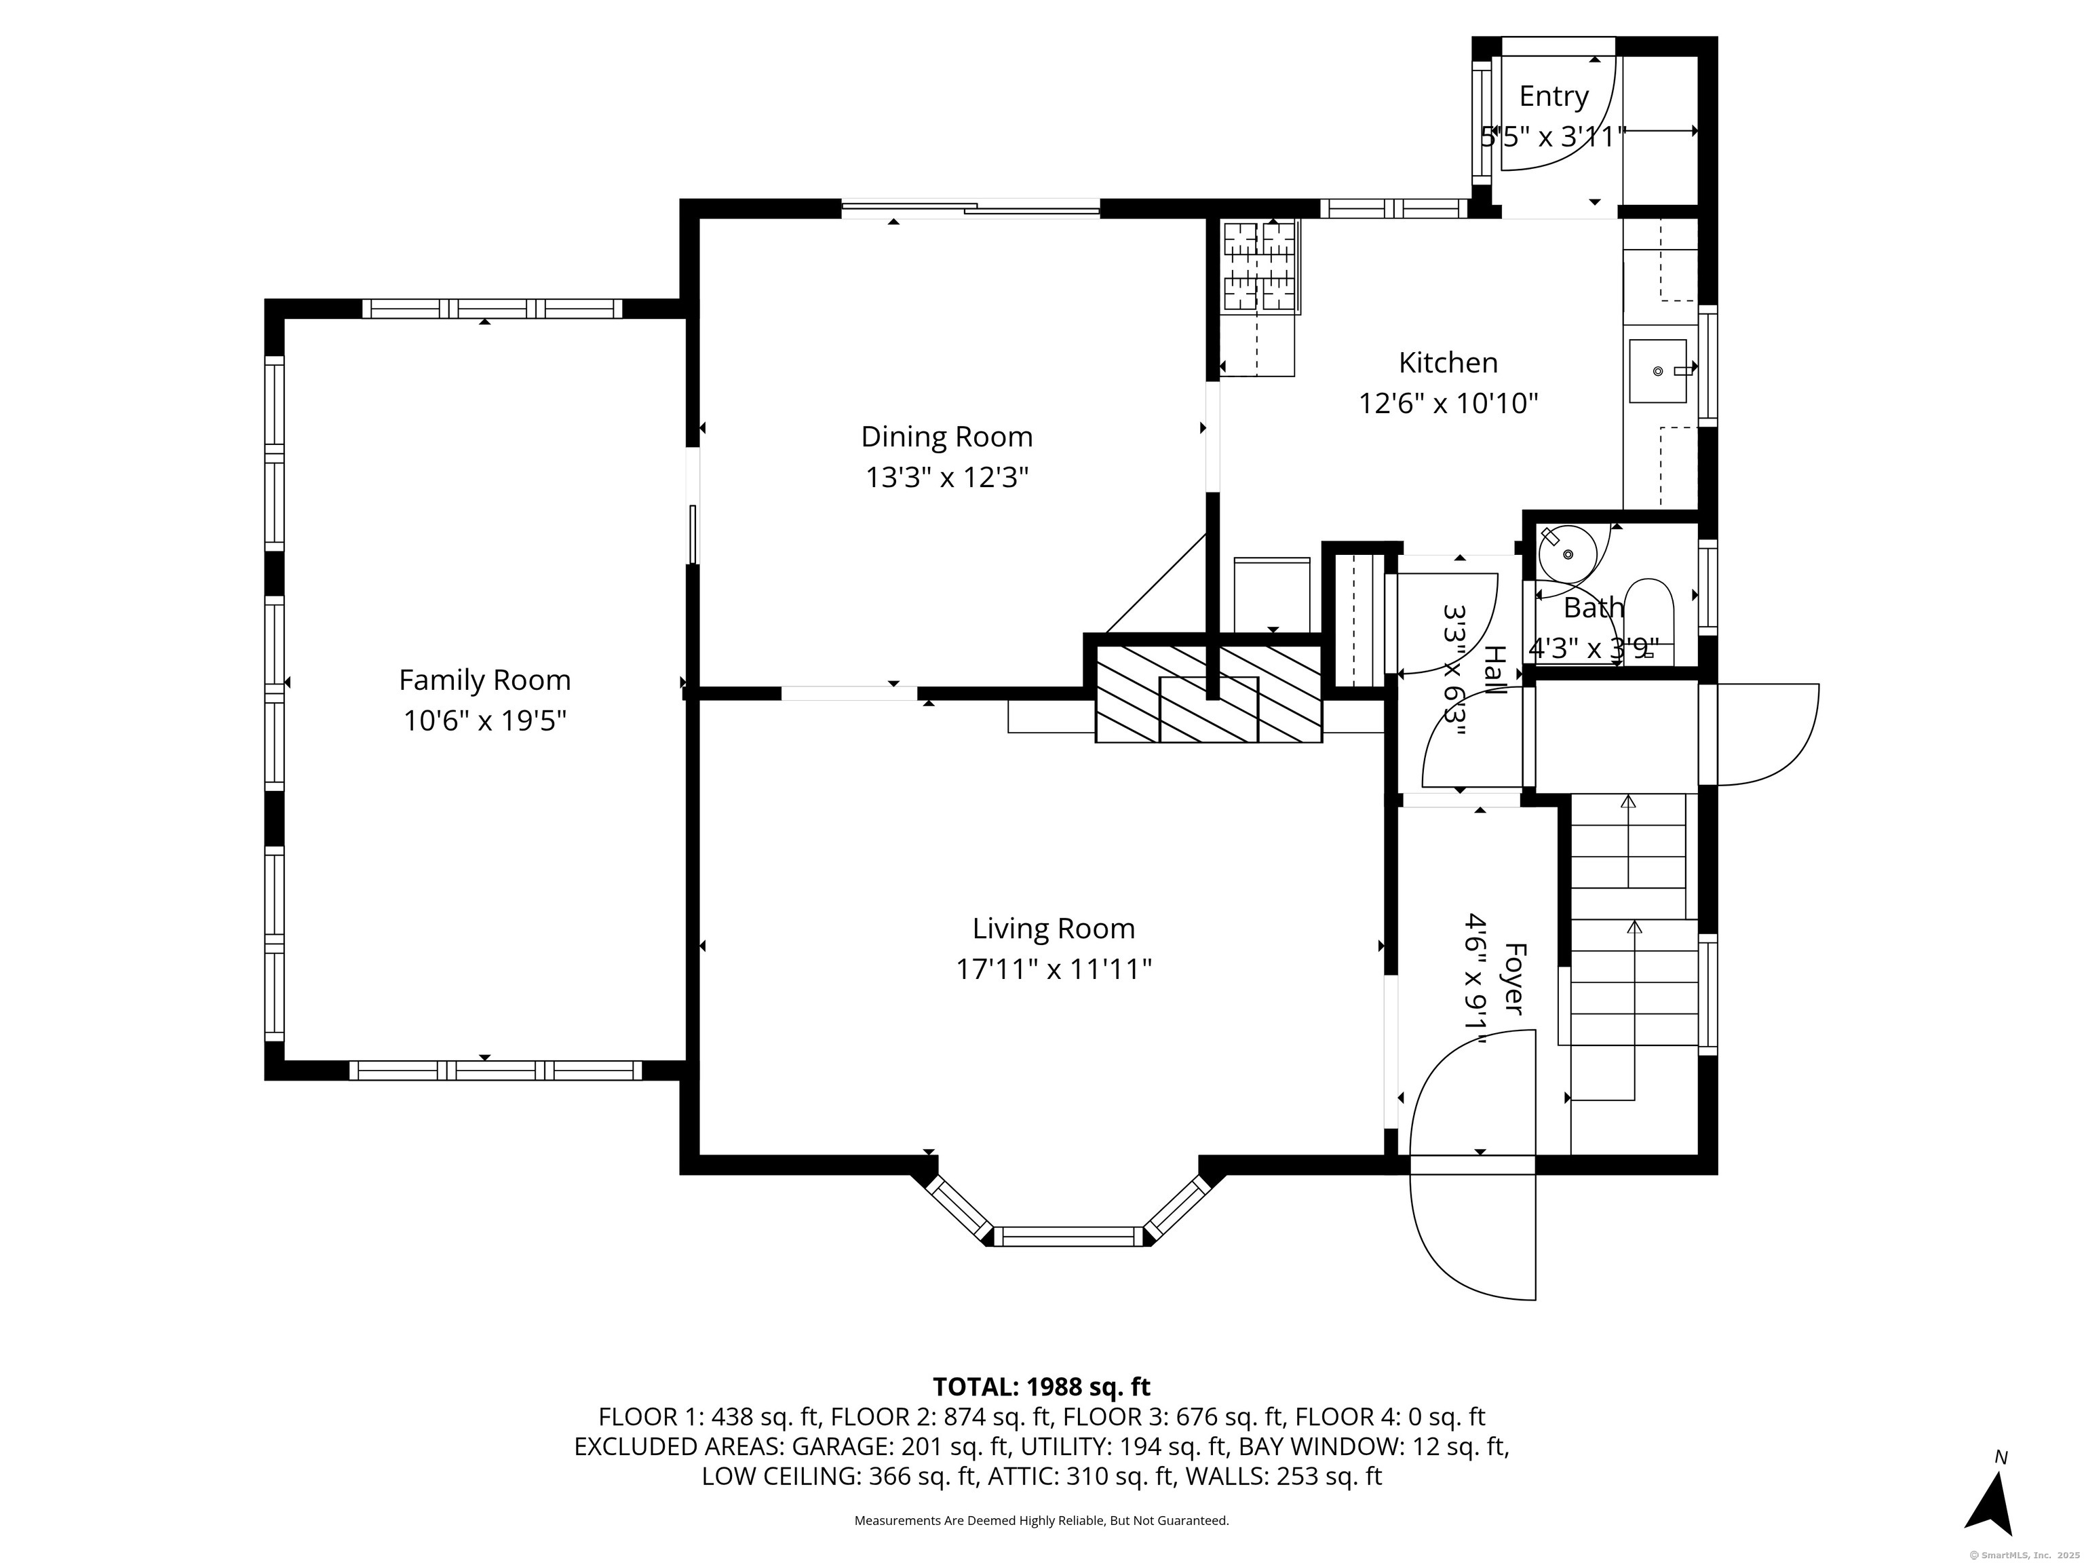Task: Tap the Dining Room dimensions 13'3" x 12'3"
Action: (x=947, y=478)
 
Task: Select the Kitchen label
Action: (x=1448, y=363)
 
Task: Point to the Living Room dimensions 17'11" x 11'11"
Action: (x=1054, y=969)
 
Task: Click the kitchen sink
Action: (x=1658, y=371)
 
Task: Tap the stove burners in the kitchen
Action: (x=1260, y=266)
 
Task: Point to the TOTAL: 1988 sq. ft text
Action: (x=1041, y=1387)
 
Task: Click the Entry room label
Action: (x=1554, y=96)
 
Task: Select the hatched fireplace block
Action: (x=1209, y=693)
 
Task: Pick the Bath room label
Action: (x=1593, y=608)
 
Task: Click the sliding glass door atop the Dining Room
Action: (x=970, y=208)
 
